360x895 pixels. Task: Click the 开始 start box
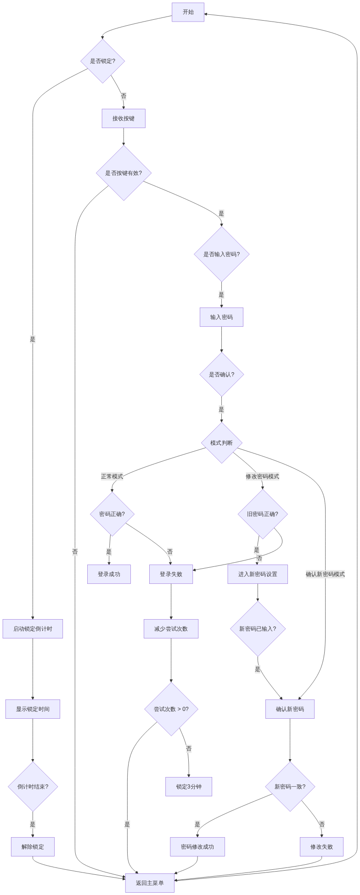tap(188, 12)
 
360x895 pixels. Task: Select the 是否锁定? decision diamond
tap(102, 61)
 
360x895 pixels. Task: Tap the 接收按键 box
tap(124, 118)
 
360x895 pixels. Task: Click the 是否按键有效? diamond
tap(124, 173)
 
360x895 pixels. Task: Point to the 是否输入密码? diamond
tap(221, 254)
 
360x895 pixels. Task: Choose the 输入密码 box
tap(221, 317)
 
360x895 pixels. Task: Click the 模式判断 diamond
tap(221, 443)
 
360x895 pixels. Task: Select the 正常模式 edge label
tap(112, 476)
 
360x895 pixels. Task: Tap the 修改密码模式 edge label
tap(262, 476)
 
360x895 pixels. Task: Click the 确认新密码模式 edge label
tap(325, 574)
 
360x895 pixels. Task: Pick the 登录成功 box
tap(109, 574)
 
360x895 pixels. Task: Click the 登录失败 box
tap(171, 574)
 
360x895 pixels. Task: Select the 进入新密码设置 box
tap(258, 574)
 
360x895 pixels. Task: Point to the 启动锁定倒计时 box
tap(33, 629)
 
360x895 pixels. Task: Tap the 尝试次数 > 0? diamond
tap(171, 709)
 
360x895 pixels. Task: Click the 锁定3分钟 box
tap(189, 787)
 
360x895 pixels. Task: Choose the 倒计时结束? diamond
tap(33, 787)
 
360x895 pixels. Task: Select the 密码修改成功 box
tap(197, 847)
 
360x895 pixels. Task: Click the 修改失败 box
tap(321, 847)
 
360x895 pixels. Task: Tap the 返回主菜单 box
tap(150, 883)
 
